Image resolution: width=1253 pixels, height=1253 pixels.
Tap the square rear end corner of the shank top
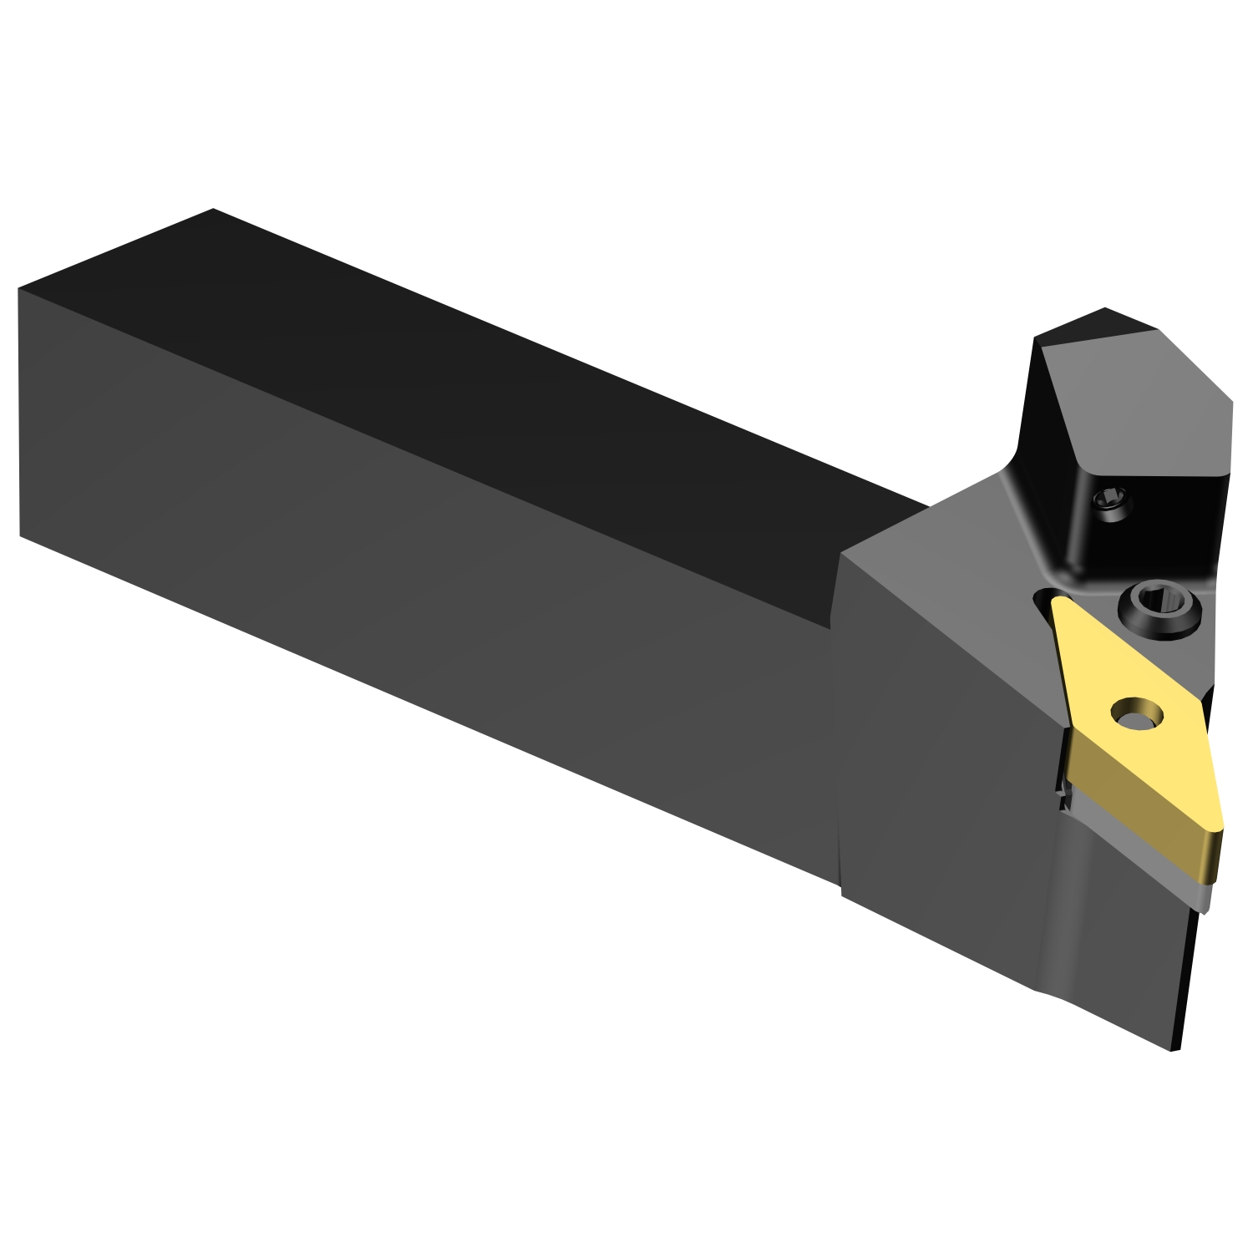(213, 211)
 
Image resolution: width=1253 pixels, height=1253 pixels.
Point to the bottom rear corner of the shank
(21, 535)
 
